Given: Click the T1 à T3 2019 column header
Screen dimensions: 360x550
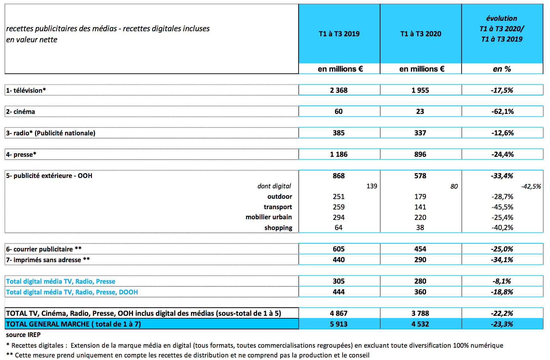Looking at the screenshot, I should (x=339, y=34).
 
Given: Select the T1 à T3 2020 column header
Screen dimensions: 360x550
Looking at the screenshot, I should (x=421, y=34).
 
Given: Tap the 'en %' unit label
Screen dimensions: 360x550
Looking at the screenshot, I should (x=502, y=69).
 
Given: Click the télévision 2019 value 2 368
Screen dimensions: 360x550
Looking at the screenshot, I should (x=339, y=90).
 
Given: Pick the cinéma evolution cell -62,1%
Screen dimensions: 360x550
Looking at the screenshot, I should (x=502, y=111).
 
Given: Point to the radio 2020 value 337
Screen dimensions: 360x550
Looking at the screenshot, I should (x=420, y=133).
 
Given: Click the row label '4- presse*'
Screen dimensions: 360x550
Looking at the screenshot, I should (x=21, y=154).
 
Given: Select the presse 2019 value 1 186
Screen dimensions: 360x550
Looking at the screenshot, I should (x=339, y=154).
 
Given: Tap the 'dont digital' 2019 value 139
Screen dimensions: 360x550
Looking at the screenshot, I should (x=372, y=186).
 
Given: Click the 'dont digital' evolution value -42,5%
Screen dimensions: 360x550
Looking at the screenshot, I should (x=531, y=186).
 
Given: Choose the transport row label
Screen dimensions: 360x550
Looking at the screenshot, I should (x=278, y=207).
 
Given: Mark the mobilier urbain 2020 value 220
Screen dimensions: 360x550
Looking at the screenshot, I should (x=420, y=217).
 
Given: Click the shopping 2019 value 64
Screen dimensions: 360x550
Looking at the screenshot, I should (x=338, y=227).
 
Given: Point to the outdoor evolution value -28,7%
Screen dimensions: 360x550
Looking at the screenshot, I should (x=502, y=197).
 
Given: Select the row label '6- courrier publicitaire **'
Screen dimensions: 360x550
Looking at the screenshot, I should (x=44, y=249).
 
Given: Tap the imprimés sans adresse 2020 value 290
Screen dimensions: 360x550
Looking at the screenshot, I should (x=420, y=260).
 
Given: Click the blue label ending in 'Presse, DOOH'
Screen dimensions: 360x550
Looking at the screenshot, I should (x=72, y=292).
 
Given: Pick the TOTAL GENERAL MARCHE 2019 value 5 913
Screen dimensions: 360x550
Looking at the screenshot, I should (x=339, y=324).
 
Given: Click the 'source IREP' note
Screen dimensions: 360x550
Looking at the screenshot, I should (x=23, y=335).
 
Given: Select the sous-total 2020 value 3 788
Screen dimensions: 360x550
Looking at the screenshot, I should (x=420, y=313).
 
